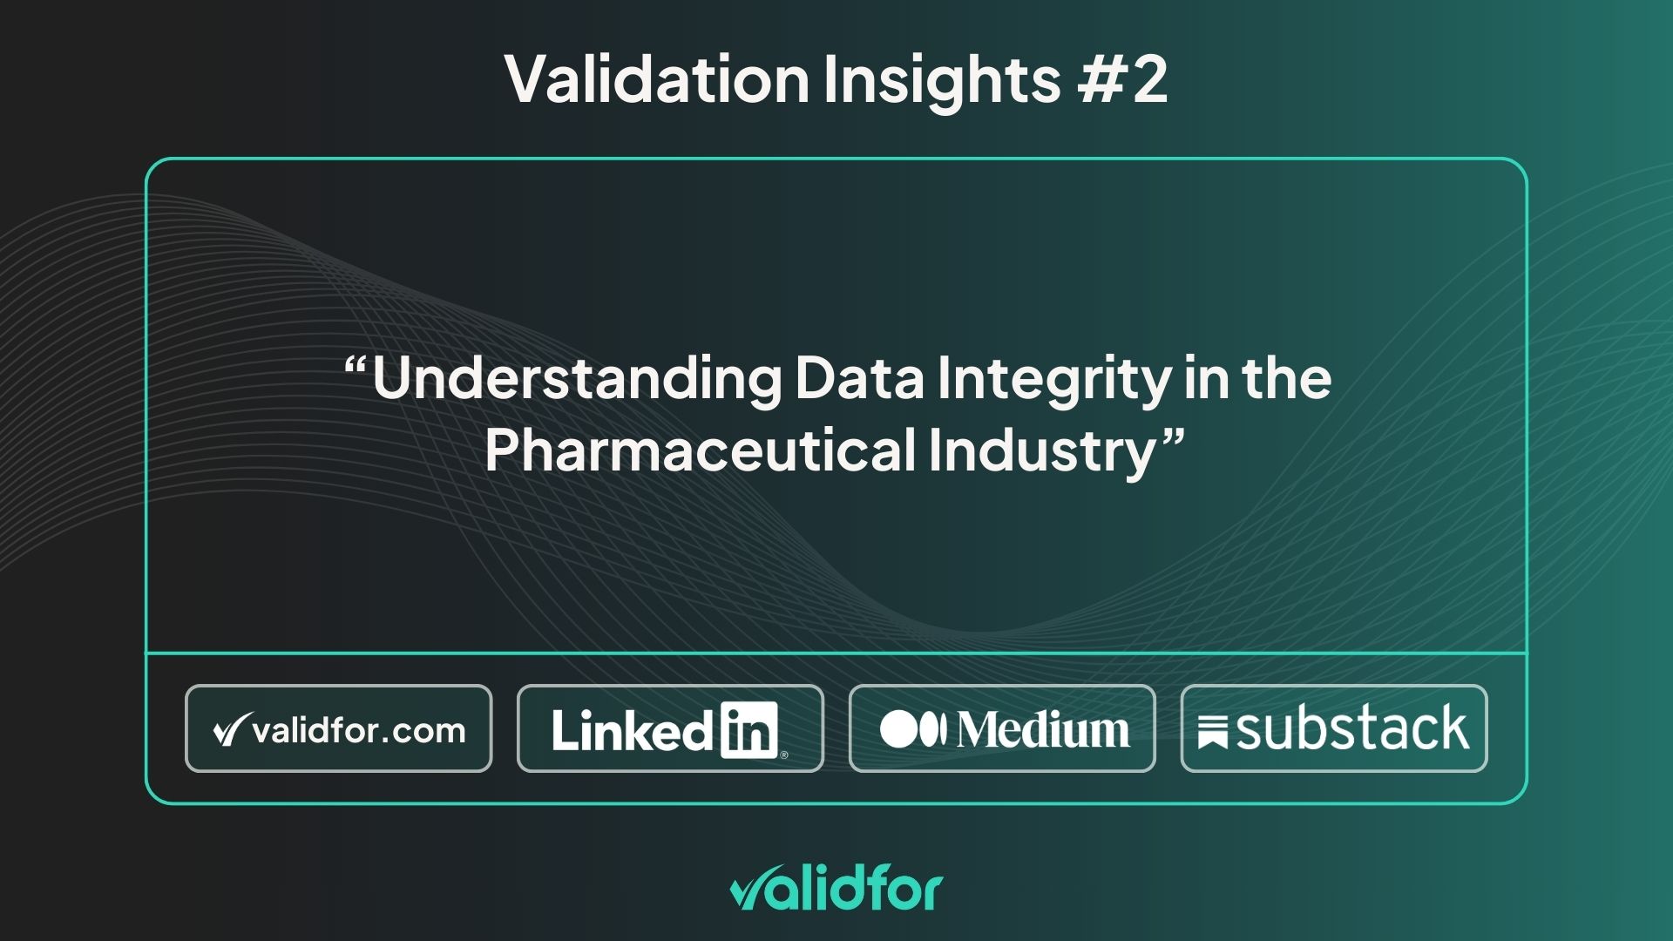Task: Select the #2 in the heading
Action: click(x=1122, y=78)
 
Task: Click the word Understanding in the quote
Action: click(x=577, y=380)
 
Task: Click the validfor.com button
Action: click(x=338, y=728)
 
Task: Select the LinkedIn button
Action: click(x=669, y=728)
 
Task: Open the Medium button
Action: click(x=1002, y=728)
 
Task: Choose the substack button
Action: click(x=1333, y=728)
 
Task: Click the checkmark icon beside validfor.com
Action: click(x=228, y=730)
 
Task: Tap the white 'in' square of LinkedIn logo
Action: click(x=749, y=730)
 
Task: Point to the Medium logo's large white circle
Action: click(x=899, y=729)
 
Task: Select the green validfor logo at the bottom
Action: click(x=836, y=890)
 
